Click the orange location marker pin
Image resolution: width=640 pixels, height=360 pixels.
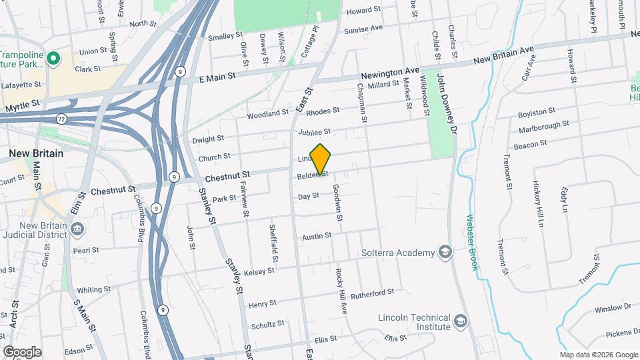[321, 159]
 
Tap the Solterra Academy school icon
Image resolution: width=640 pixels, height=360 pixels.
[445, 252]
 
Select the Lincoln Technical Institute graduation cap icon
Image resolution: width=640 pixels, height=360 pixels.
[460, 322]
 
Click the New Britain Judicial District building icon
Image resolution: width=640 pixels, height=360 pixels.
[77, 230]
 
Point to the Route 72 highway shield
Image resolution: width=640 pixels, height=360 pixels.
[61, 119]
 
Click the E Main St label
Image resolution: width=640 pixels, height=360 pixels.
[218, 77]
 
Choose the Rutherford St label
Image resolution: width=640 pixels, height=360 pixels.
[373, 293]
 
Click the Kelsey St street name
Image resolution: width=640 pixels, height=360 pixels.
[259, 271]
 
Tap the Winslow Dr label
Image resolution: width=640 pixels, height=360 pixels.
[613, 308]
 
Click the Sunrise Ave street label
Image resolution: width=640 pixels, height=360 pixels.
[363, 29]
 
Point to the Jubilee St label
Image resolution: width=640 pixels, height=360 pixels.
[315, 132]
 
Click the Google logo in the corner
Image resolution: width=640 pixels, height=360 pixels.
[22, 352]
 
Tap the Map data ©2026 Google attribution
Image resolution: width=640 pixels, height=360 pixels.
[599, 355]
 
